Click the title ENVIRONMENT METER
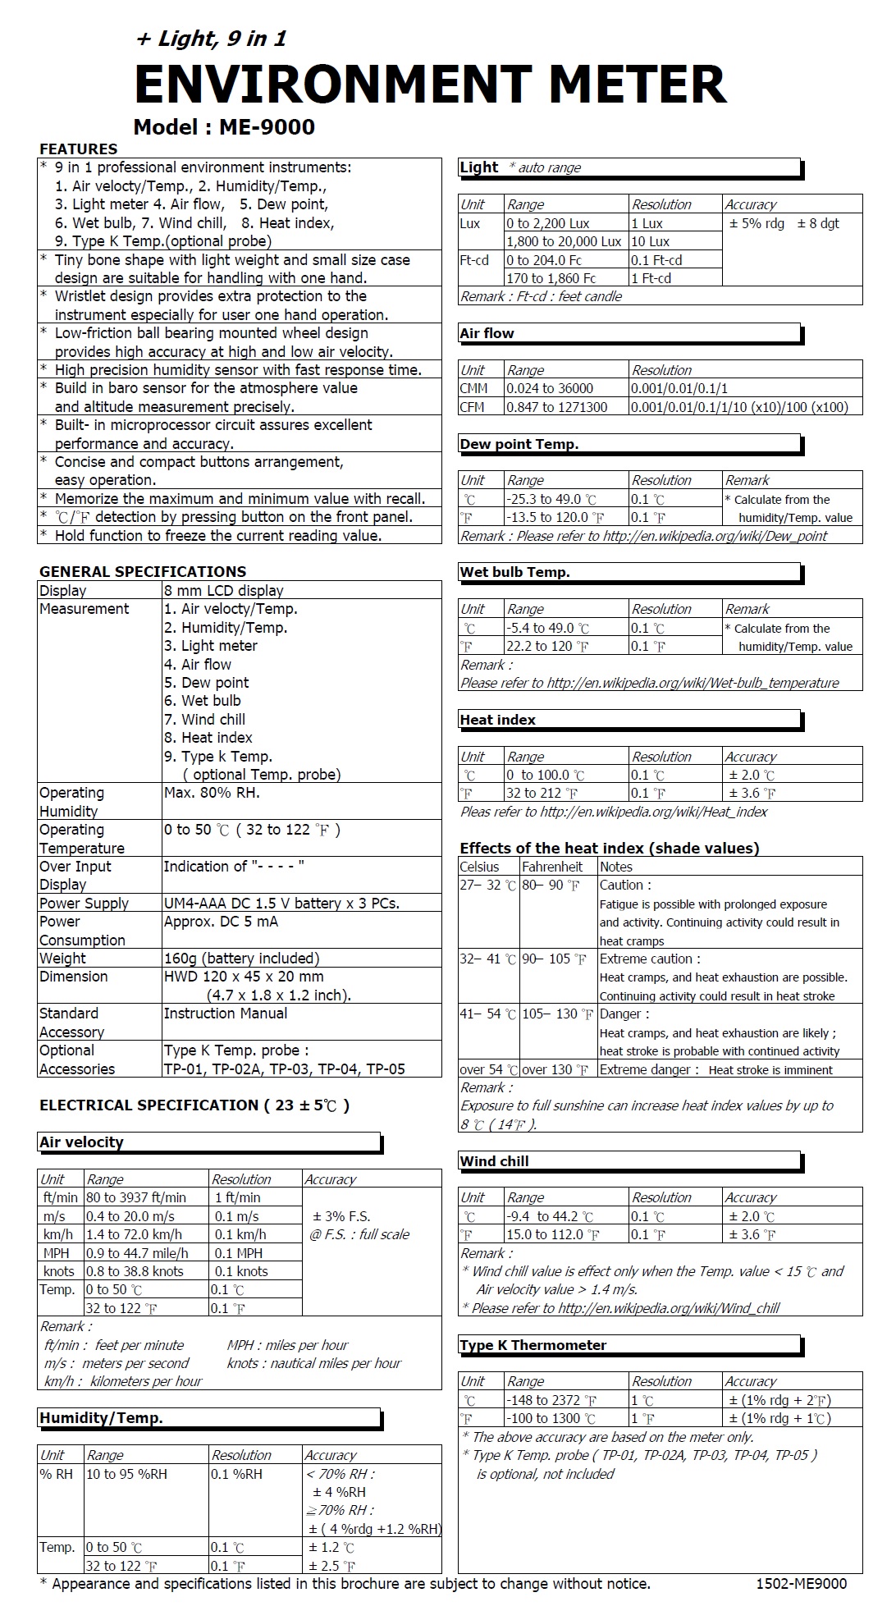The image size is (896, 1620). pos(430,84)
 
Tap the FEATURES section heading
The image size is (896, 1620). pos(78,149)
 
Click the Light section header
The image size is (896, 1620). pos(479,167)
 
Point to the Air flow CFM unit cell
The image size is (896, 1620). pos(473,407)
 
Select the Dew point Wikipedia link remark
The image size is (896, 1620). pos(643,536)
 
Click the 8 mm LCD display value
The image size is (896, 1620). pos(224,590)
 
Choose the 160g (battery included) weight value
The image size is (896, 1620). pos(241,958)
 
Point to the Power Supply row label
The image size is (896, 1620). pos(84,903)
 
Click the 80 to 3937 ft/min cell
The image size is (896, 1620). pos(136,1197)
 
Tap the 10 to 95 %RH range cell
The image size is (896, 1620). pos(126,1474)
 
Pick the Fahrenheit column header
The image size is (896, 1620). pos(552,867)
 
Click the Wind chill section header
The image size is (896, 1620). pos(494,1161)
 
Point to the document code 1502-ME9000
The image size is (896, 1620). pos(801,1584)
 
